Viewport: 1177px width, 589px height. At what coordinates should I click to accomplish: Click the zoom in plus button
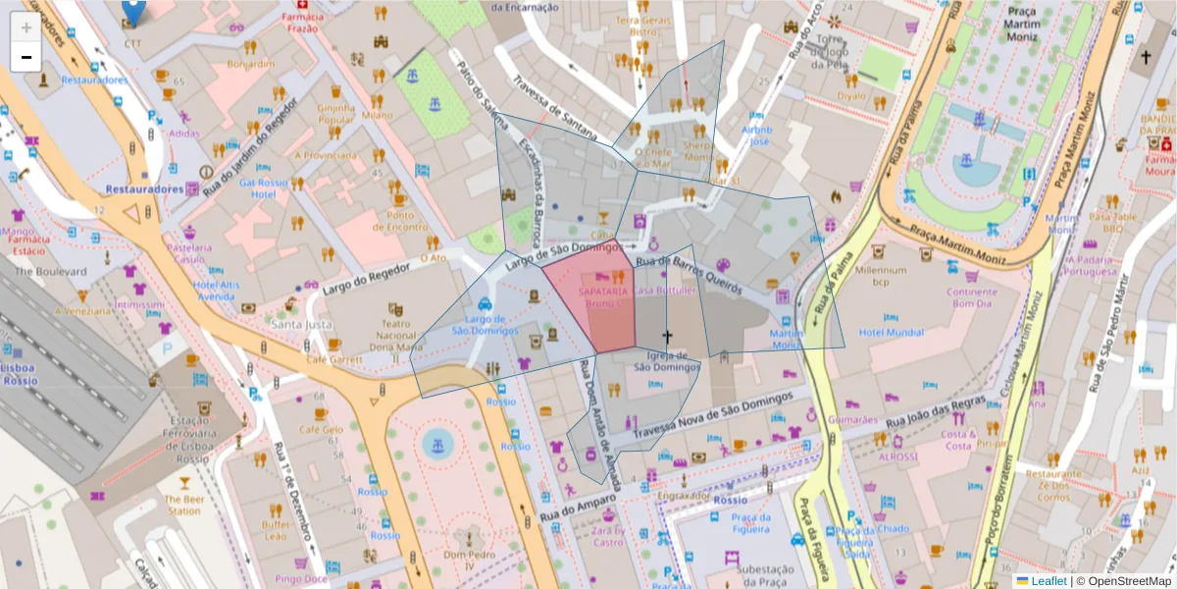click(26, 27)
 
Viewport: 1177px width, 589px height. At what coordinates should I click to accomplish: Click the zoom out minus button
click(26, 57)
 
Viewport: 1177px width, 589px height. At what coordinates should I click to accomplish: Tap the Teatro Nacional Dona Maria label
click(394, 335)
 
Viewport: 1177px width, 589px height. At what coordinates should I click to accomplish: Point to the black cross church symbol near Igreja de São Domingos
click(668, 337)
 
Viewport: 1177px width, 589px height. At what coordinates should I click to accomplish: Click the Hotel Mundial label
click(891, 332)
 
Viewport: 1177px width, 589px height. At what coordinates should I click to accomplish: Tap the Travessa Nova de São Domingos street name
click(712, 414)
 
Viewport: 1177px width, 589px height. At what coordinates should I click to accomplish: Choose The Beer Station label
click(183, 505)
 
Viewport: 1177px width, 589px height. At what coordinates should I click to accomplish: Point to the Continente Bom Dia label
click(971, 297)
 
